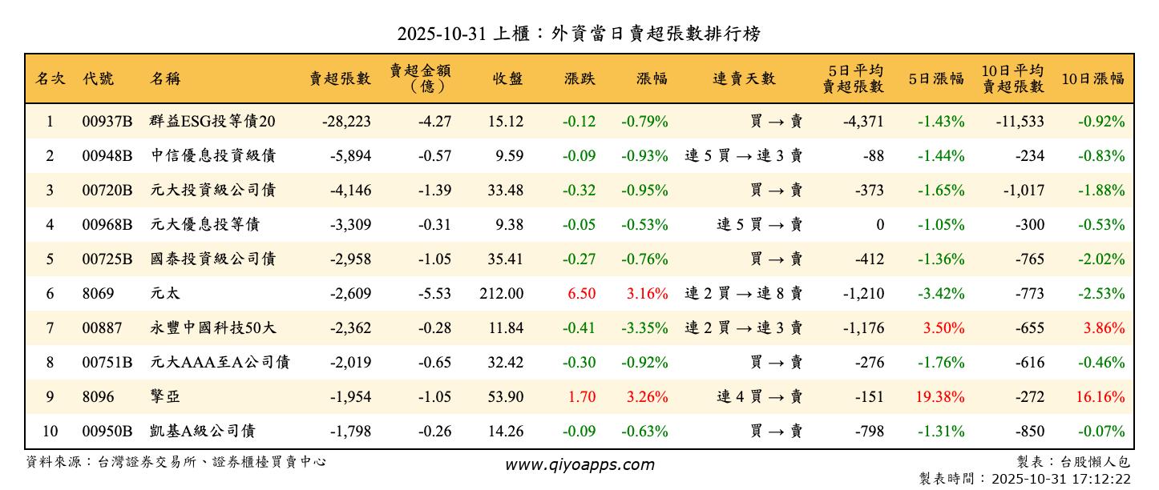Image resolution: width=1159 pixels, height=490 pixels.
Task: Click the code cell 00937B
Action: click(107, 122)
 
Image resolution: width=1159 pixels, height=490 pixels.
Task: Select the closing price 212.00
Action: click(503, 294)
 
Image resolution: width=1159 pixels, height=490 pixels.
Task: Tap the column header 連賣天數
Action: click(744, 78)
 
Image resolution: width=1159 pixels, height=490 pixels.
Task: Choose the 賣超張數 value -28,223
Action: click(346, 122)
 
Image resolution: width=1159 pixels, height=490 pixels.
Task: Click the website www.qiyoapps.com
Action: click(579, 464)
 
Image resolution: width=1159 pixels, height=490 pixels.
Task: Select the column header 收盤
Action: click(507, 78)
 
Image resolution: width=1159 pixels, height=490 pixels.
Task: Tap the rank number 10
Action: click(50, 432)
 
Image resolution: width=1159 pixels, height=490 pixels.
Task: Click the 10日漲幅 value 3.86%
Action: click(1104, 328)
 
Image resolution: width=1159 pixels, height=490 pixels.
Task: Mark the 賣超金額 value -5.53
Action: click(434, 294)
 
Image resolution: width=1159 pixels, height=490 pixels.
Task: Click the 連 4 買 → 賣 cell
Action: click(759, 397)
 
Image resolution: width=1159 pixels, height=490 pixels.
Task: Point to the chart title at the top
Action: click(579, 34)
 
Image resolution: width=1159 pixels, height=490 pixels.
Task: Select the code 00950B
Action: click(107, 432)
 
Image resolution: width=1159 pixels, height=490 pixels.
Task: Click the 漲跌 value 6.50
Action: click(581, 294)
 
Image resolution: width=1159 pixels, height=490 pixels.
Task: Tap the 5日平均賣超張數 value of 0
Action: click(879, 225)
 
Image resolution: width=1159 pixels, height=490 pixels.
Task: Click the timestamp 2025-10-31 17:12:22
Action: click(1060, 479)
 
